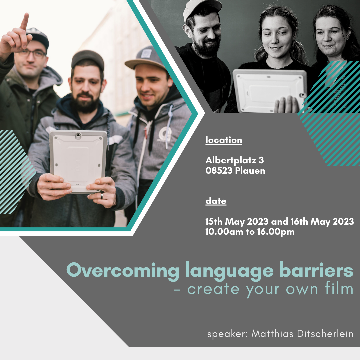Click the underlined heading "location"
tap(224, 140)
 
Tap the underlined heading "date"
tap(216, 201)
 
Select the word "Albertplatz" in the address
tap(231, 160)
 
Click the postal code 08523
tap(219, 171)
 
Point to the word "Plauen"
tap(250, 171)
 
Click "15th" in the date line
tap(214, 222)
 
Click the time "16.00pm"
tap(276, 232)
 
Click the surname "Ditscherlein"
tap(325, 334)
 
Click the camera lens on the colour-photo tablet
tap(78, 136)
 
